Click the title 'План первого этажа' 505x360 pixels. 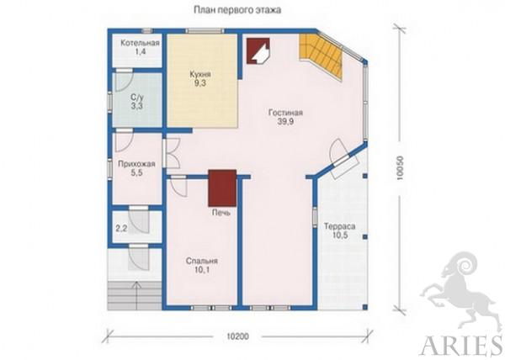pos(237,10)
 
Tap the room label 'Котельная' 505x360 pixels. pos(140,43)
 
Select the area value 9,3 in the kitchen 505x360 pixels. pos(200,83)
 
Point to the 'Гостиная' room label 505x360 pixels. pos(285,113)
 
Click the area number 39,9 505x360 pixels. pos(285,121)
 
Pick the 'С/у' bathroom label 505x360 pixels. pos(137,98)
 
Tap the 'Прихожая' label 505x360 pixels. pos(136,164)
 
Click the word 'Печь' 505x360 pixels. pos(221,212)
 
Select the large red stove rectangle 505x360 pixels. pos(222,188)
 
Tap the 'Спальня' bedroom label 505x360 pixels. pos(202,261)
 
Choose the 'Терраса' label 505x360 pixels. pos(340,226)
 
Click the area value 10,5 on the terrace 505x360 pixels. pos(340,235)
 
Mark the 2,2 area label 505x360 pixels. pos(121,229)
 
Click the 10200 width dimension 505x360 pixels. pos(237,336)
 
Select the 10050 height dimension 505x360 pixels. pos(400,167)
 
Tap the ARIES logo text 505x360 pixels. pos(461,347)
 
